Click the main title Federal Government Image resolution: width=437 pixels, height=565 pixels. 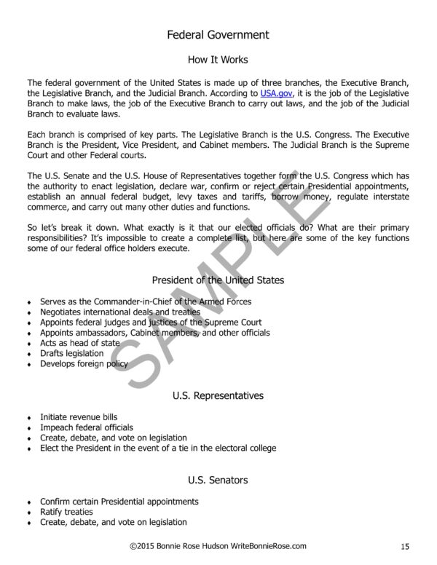(218, 34)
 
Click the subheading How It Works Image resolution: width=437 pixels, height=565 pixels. (218, 59)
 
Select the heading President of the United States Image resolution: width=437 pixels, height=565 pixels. (218, 279)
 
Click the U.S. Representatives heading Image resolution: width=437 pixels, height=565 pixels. (218, 395)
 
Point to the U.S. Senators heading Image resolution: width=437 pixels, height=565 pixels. (218, 480)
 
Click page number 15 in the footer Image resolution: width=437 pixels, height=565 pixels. (406, 546)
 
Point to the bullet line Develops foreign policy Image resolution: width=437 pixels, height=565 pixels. (84, 363)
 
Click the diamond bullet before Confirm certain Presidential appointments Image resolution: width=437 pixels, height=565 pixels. (28, 502)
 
